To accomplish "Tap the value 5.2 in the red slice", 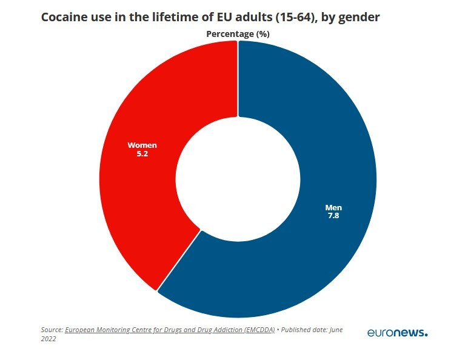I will (x=142, y=154).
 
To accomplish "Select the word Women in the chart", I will (x=142, y=145).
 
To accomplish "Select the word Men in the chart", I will (x=333, y=207).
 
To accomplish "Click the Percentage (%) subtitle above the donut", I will (x=238, y=34).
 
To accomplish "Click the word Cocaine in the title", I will (x=64, y=17).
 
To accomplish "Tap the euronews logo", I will (x=397, y=333).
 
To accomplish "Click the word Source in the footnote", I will (x=52, y=330).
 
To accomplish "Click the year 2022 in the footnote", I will (x=48, y=339).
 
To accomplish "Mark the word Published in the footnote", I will (x=302, y=330).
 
